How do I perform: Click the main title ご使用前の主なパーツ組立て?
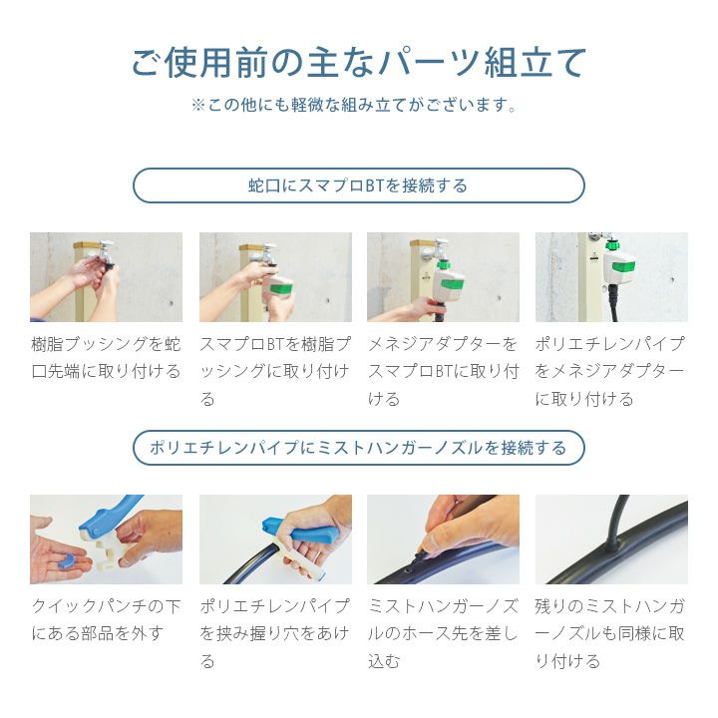click(359, 62)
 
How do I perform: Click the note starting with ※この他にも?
click(354, 106)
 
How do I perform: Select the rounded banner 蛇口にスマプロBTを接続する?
click(359, 185)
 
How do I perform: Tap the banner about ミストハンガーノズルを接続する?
click(359, 448)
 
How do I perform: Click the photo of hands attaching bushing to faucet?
click(107, 277)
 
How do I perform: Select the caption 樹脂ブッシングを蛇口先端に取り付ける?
click(107, 357)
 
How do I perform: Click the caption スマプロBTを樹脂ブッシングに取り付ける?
click(275, 371)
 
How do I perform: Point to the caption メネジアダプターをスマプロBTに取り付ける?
click(443, 371)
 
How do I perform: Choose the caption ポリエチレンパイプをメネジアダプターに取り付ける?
click(611, 371)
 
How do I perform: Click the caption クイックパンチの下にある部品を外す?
click(107, 619)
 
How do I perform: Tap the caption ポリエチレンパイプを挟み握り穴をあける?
click(275, 633)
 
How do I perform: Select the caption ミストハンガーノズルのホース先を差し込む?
click(443, 633)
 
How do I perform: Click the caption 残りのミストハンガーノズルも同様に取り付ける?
click(611, 633)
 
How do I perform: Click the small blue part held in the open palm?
click(67, 561)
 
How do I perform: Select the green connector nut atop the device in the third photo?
click(443, 264)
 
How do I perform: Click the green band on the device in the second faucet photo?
click(281, 289)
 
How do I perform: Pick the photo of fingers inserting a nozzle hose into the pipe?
click(443, 538)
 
